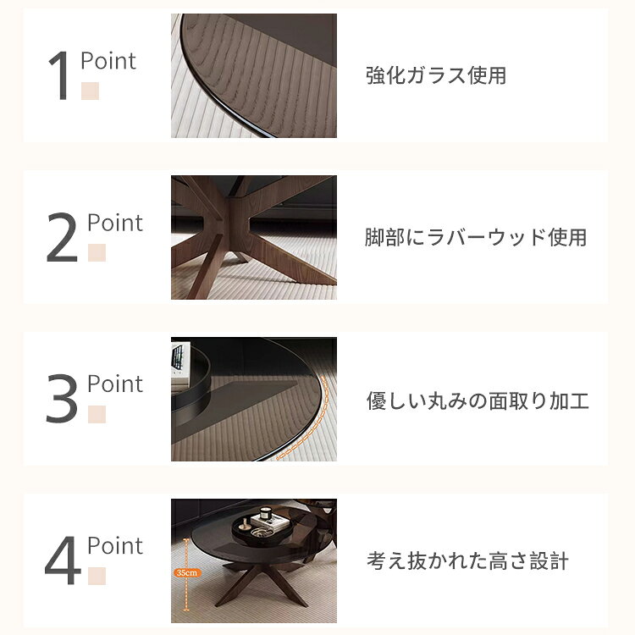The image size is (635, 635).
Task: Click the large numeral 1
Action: tap(59, 75)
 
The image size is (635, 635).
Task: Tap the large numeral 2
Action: tap(62, 237)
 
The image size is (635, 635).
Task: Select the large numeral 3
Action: tap(62, 399)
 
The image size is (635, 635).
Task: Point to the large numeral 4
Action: tap(63, 560)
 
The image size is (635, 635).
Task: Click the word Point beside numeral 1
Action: tap(108, 61)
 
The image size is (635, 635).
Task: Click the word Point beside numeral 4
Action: tap(115, 545)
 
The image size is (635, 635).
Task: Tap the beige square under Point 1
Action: tap(90, 91)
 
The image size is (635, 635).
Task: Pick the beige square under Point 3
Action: tap(97, 414)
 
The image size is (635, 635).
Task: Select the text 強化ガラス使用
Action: tap(436, 75)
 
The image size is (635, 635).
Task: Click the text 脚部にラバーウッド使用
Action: tap(476, 237)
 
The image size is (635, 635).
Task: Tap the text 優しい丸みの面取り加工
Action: tap(478, 400)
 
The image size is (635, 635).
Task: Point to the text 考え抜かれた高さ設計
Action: tap(467, 561)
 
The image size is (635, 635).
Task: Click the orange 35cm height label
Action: tap(187, 572)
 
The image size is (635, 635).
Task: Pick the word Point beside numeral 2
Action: tap(115, 224)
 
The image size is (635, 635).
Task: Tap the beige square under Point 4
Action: tap(97, 576)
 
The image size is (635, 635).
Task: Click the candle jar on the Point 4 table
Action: tap(266, 513)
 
